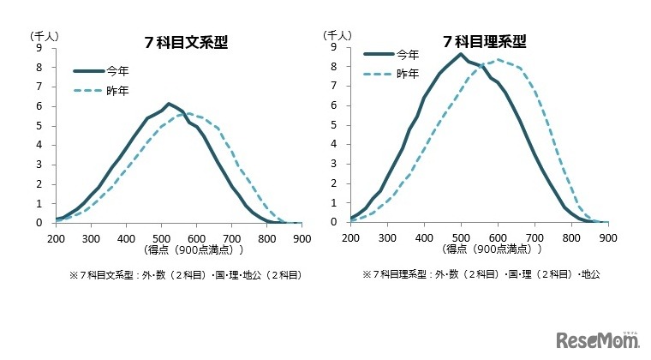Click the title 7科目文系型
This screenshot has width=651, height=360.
tap(194, 43)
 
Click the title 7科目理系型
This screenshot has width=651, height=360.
tap(485, 41)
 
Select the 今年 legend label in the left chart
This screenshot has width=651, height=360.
tap(117, 73)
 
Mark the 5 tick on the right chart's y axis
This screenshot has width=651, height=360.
tap(332, 125)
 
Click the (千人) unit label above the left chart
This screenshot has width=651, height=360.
tap(43, 35)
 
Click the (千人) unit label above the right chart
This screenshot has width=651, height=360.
tap(336, 35)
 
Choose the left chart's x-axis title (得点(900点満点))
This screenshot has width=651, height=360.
tap(194, 250)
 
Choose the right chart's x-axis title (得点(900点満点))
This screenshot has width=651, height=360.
tap(485, 250)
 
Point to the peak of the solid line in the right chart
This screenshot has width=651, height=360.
tap(461, 54)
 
